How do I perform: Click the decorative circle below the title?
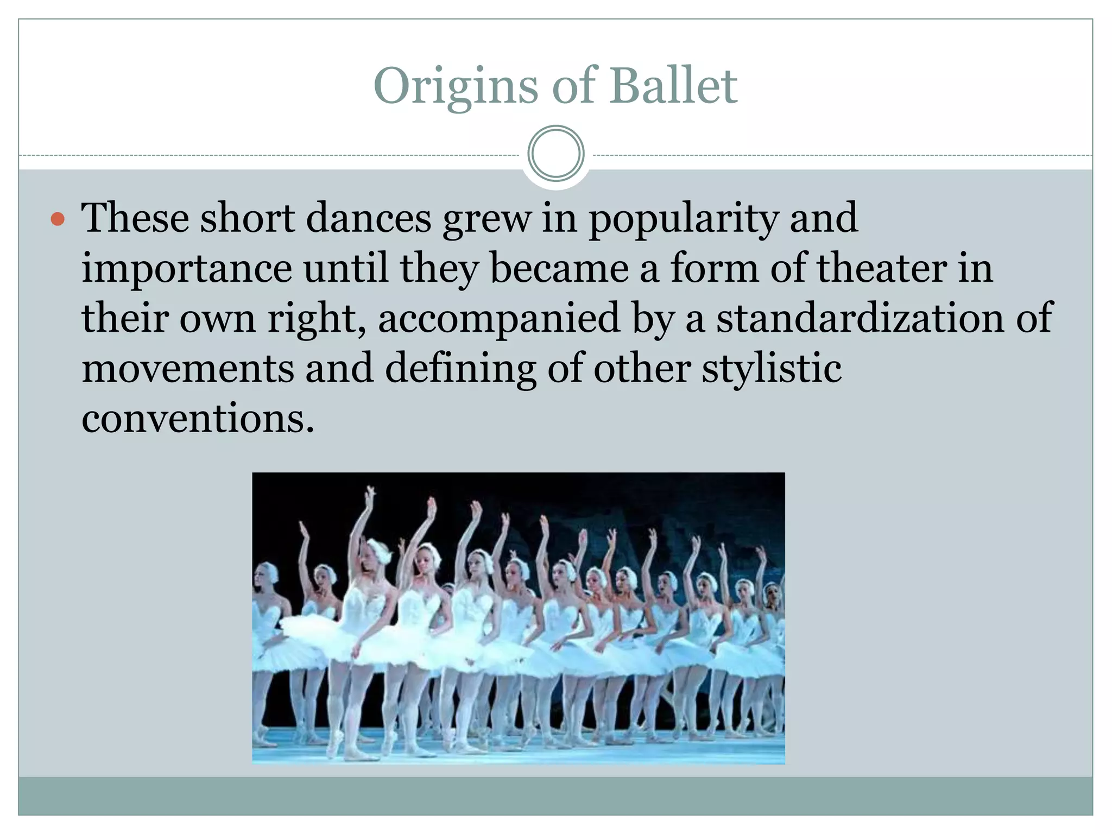click(x=556, y=154)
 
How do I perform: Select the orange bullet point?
click(x=58, y=219)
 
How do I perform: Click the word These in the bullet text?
click(x=135, y=218)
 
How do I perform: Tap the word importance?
click(x=187, y=269)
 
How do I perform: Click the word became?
click(x=559, y=268)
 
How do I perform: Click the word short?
click(x=248, y=218)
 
